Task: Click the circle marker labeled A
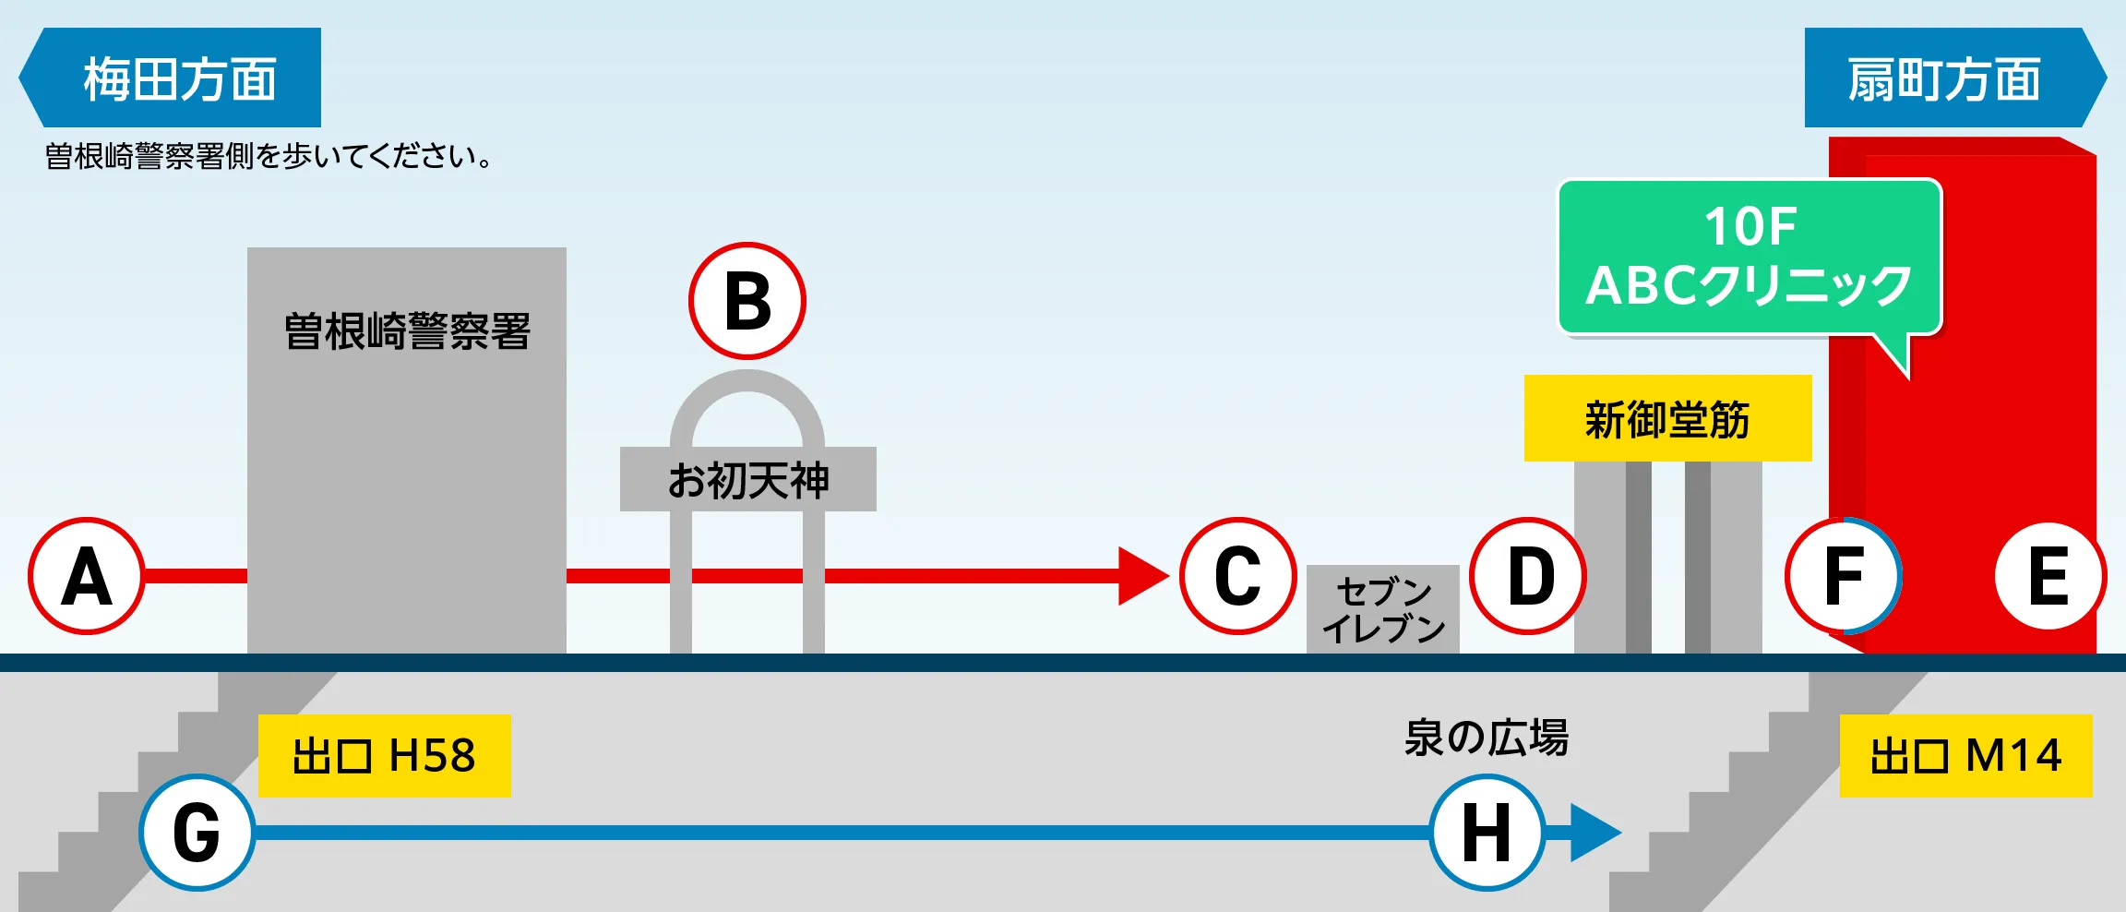tap(87, 576)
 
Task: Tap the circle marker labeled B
tap(747, 301)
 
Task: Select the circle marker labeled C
tap(1238, 576)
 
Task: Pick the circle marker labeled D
tap(1528, 576)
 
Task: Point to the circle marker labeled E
tap(2048, 576)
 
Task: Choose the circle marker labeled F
tap(1844, 576)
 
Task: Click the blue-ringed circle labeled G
tap(197, 833)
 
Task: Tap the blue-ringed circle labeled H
tap(1487, 833)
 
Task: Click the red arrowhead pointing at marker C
tap(1142, 576)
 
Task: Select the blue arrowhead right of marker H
tap(1593, 833)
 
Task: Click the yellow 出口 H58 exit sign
tap(384, 755)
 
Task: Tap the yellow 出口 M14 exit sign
tap(1965, 755)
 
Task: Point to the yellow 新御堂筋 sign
tap(1667, 418)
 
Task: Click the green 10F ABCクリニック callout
tap(1750, 257)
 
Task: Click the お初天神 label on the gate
tap(747, 479)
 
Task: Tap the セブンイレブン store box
tap(1382, 609)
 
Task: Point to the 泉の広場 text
tap(1486, 738)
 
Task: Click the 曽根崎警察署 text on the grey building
tap(407, 330)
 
